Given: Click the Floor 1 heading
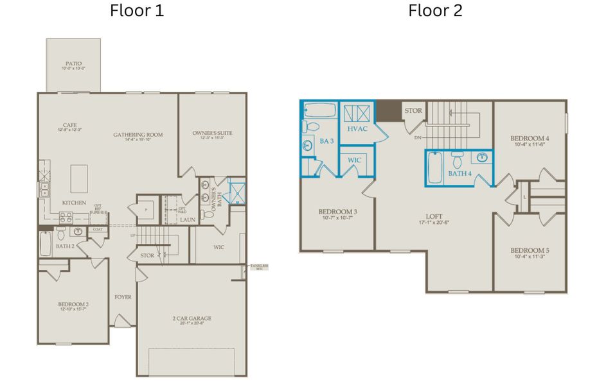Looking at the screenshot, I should click(x=137, y=11).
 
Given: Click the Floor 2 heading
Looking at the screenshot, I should click(x=435, y=11).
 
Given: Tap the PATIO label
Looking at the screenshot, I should click(x=73, y=64).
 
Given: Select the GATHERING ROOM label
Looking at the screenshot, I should click(x=138, y=135).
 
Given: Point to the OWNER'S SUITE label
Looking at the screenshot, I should click(x=212, y=133).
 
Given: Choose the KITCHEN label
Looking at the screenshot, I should click(x=74, y=203).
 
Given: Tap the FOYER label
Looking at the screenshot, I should click(x=123, y=297).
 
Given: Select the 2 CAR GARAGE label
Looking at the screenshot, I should click(x=192, y=318).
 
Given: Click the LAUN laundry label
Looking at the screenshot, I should click(x=188, y=219).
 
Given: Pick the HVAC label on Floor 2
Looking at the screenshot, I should click(x=357, y=129).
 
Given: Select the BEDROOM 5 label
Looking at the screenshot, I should click(x=530, y=250).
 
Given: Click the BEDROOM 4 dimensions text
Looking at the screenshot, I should click(x=530, y=145).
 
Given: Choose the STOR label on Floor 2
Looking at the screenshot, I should click(x=413, y=111).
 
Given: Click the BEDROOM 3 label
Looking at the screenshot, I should click(x=337, y=212).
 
